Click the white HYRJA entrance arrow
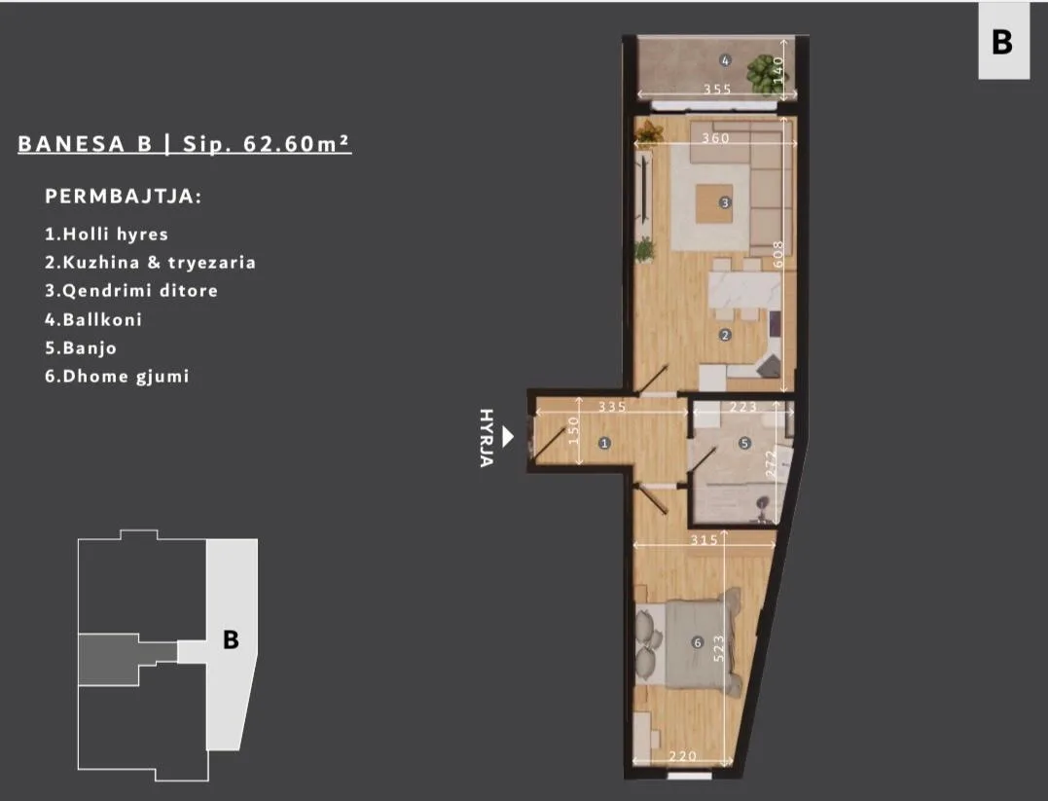coord(508,437)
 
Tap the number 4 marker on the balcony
coord(725,61)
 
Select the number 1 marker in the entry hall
coord(604,443)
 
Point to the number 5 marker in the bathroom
coord(744,443)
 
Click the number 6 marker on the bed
coord(697,642)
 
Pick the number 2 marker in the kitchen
coord(725,335)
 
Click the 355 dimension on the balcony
coord(717,89)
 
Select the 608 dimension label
coord(778,254)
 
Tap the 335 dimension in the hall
coord(611,407)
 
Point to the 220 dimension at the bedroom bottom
coord(682,755)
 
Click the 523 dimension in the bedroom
coord(718,648)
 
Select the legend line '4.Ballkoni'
coord(93,319)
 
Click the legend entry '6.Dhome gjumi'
coord(117,377)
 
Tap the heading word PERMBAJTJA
coord(124,197)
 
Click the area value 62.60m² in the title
coord(298,144)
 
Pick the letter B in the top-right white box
coord(1002,42)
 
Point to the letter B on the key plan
coord(231,639)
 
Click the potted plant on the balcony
coord(763,73)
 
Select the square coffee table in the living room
coord(714,203)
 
